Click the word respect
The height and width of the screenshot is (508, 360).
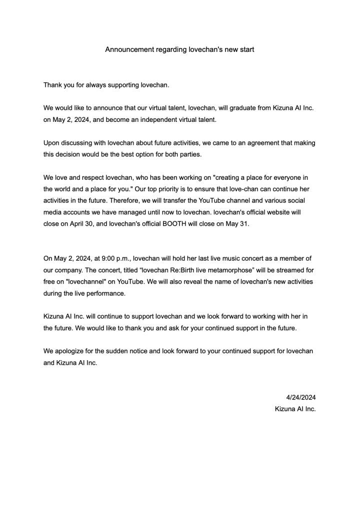pyautogui.click(x=94, y=177)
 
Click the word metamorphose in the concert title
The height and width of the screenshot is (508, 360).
pyautogui.click(x=226, y=270)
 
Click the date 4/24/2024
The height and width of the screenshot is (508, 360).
pyautogui.click(x=300, y=398)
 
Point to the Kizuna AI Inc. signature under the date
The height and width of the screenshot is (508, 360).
pyautogui.click(x=295, y=409)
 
